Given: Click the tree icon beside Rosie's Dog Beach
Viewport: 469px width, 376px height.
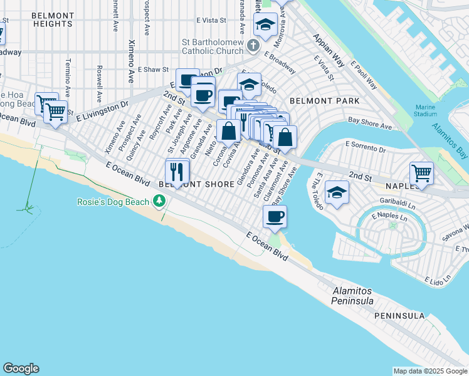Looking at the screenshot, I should pos(160,201).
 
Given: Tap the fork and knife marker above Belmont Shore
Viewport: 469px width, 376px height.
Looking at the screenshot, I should pos(177,170).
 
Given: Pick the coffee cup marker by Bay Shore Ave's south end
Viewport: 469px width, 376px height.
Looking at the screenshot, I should pos(275,217).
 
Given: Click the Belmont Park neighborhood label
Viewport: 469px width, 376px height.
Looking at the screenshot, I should pos(324,101).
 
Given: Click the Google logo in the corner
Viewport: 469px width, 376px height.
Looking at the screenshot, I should pos(21,368).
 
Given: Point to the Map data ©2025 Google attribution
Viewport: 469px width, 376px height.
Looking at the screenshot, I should pos(429,371).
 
